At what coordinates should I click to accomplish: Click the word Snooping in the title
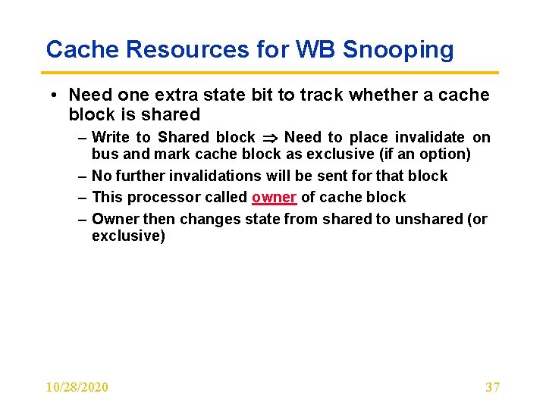pyautogui.click(x=398, y=50)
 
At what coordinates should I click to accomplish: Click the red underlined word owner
pyautogui.click(x=274, y=198)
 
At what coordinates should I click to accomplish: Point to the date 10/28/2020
pyautogui.click(x=77, y=387)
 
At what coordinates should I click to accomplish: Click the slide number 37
pyautogui.click(x=492, y=387)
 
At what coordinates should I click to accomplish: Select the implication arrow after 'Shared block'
pyautogui.click(x=269, y=138)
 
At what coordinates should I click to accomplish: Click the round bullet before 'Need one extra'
pyautogui.click(x=55, y=95)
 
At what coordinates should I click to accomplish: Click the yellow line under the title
pyautogui.click(x=272, y=73)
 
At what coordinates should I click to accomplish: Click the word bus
pyautogui.click(x=103, y=155)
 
